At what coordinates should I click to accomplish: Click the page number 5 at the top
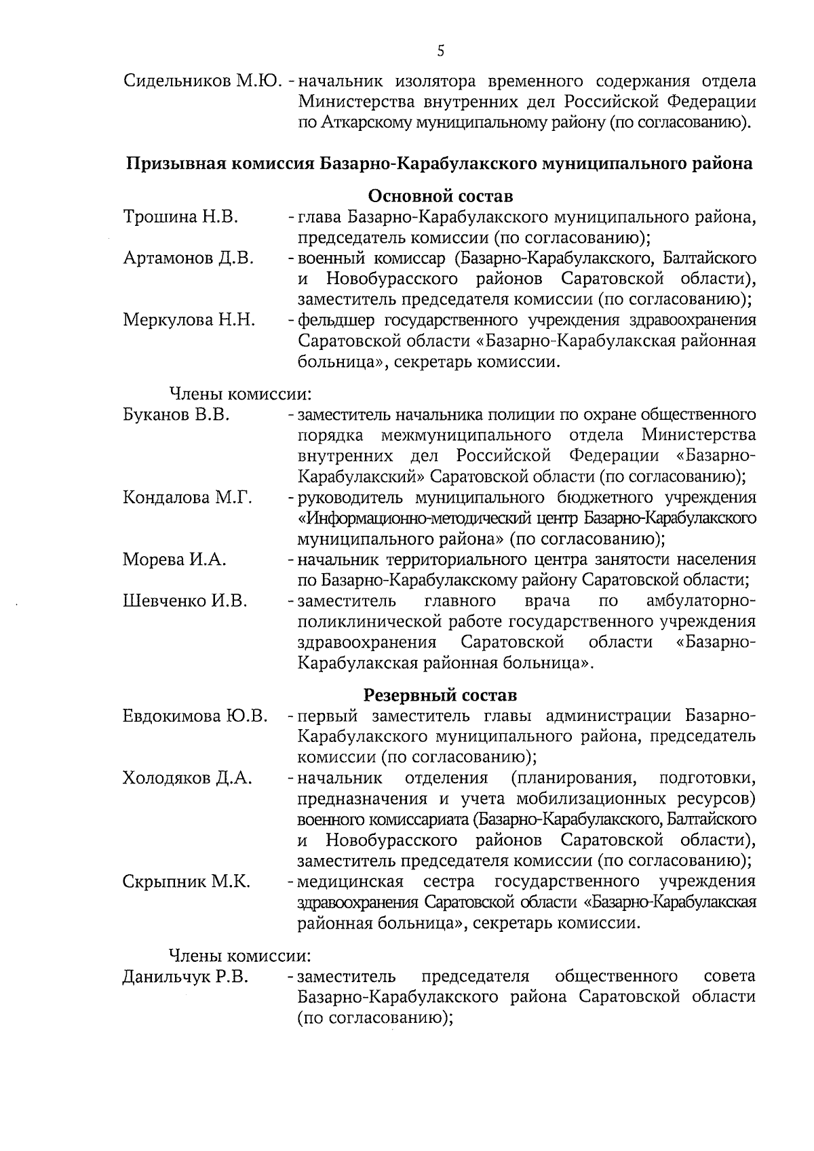pos(441,50)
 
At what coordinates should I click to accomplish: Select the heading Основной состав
pos(440,197)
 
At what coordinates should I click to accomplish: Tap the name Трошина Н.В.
pos(180,218)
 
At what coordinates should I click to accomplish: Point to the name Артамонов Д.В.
pos(189,258)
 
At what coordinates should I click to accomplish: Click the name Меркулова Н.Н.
pos(189,320)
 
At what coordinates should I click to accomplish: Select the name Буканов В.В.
pos(176,414)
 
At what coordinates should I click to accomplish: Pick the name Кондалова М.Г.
pos(188,498)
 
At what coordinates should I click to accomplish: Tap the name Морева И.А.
pos(175,560)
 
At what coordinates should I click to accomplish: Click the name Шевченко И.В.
pos(185,601)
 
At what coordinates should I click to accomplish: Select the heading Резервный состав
pos(440,695)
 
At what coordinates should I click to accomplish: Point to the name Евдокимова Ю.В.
pos(195,716)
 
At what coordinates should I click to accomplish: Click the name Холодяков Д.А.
pos(188,778)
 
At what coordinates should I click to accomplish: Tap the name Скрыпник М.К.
pos(187,882)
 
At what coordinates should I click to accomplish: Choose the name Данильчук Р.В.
pos(185,977)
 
